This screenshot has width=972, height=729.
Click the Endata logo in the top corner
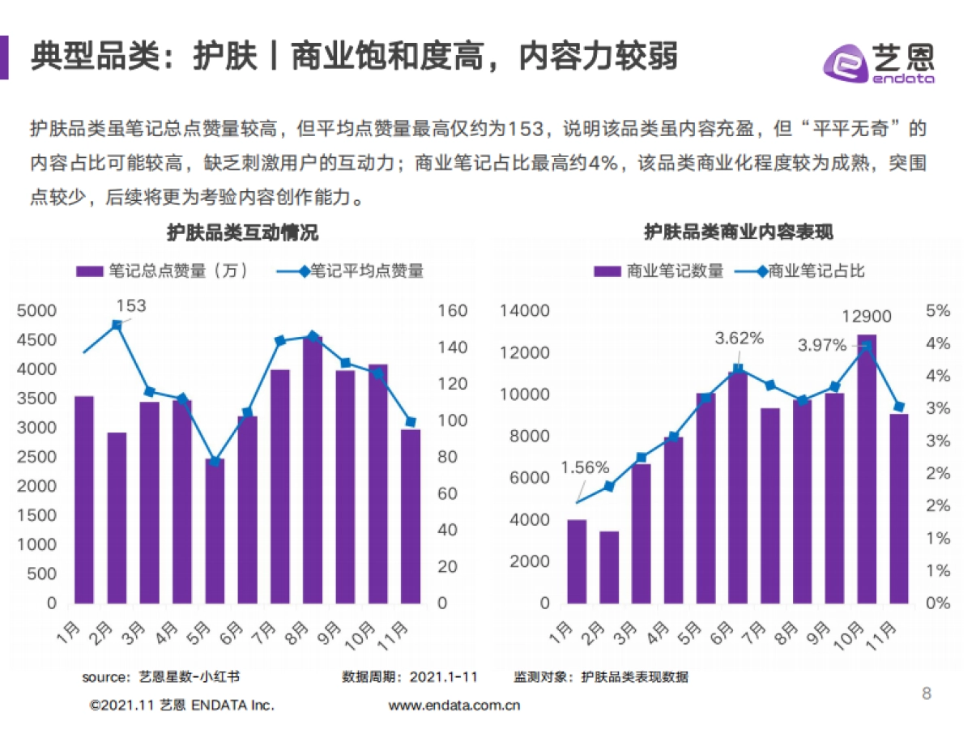[x=879, y=61]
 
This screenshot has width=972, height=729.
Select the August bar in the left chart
[x=313, y=470]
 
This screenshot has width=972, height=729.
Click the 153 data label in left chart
[x=130, y=305]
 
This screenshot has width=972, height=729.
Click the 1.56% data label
[x=584, y=467]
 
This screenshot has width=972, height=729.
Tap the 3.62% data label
[x=739, y=339]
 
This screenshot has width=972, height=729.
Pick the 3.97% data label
[x=821, y=345]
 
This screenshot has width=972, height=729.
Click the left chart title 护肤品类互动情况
[x=242, y=233]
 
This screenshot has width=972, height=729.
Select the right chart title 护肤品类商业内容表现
[x=738, y=233]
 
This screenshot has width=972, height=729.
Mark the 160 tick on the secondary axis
[x=453, y=310]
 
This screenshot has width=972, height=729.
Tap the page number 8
[x=927, y=693]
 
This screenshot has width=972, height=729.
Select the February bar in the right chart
[x=608, y=567]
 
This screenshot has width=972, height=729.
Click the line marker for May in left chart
[x=215, y=461]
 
